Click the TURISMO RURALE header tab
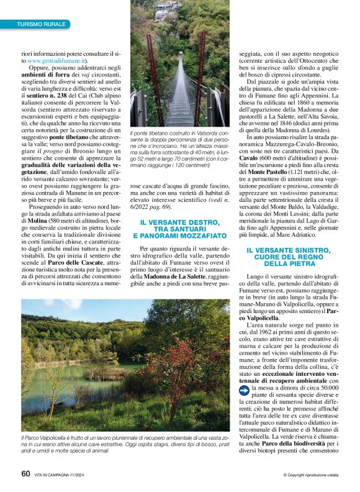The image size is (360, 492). [41, 24]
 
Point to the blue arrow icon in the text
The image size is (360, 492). [245, 389]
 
